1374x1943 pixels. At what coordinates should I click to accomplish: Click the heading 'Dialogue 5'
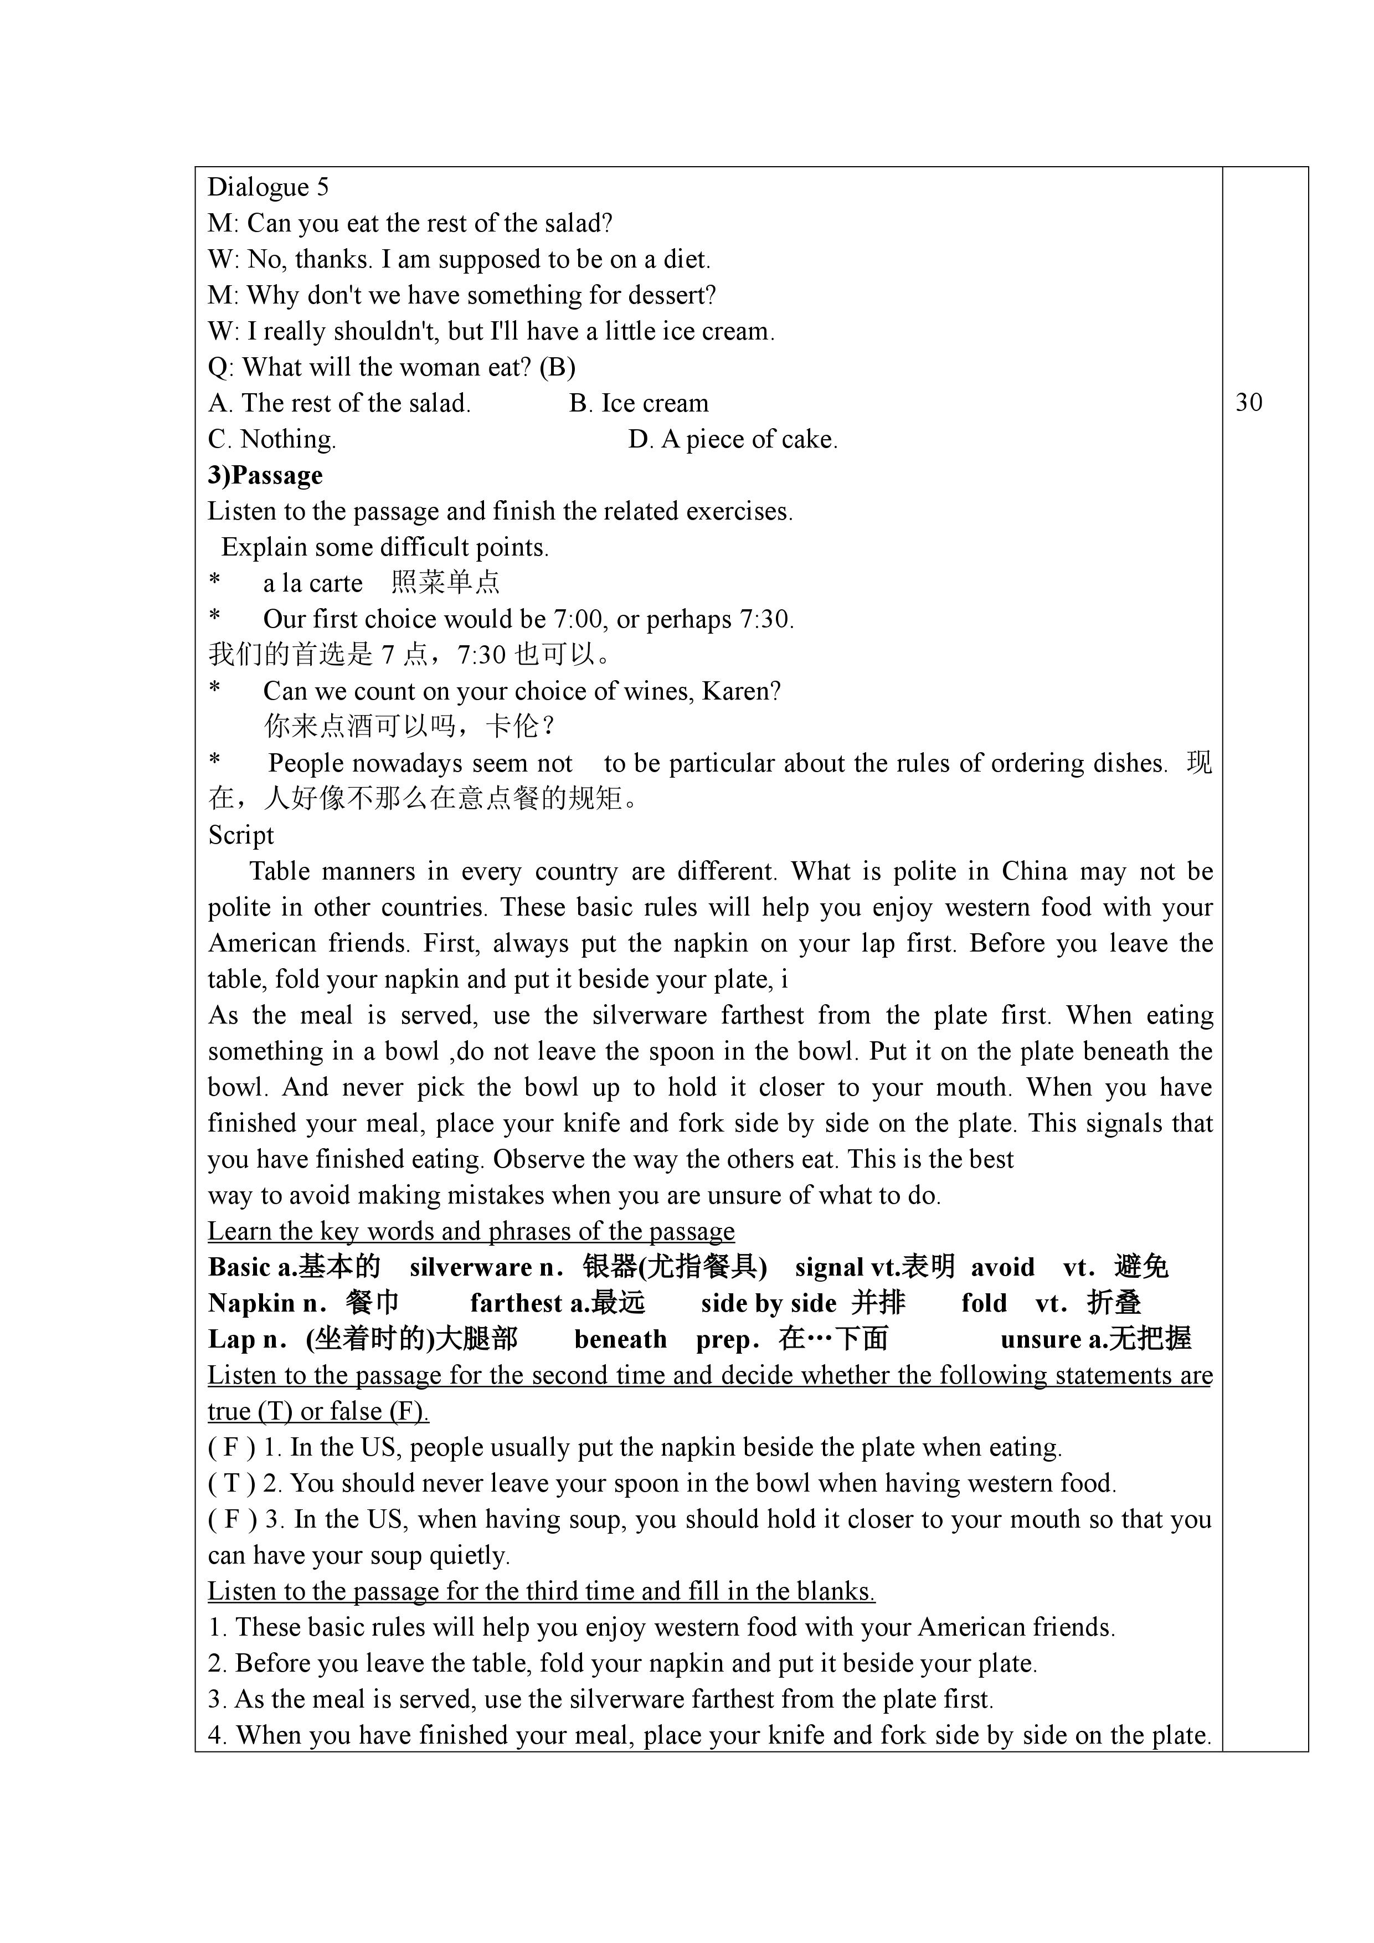pos(268,187)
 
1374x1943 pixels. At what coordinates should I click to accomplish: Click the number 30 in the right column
pos(1249,402)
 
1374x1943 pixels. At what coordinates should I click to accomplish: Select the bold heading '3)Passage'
pos(265,476)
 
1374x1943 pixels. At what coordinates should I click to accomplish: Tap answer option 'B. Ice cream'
pos(639,404)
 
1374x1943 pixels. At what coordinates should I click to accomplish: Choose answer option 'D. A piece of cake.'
pos(733,439)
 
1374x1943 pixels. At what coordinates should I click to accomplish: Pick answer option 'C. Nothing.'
pos(271,439)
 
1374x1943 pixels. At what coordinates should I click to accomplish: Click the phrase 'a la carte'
pos(312,583)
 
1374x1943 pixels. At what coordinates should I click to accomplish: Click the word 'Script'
pos(241,835)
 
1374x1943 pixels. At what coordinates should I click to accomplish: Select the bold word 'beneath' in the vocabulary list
pos(620,1339)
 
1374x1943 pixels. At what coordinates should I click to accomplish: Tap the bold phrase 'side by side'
pos(768,1303)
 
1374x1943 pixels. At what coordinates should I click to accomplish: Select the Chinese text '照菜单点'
pos(445,583)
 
